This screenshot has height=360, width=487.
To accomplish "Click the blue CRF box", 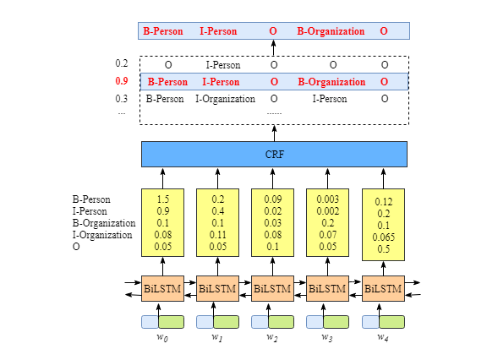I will click(x=274, y=154).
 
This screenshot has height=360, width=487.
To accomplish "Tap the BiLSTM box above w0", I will click(x=163, y=288).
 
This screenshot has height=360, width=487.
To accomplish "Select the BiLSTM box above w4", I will click(x=384, y=288).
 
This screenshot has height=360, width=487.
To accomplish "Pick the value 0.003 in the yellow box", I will click(x=328, y=199).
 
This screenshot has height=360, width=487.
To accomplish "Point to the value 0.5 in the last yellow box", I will click(x=384, y=249).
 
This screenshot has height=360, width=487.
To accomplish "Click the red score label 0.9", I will click(x=122, y=82).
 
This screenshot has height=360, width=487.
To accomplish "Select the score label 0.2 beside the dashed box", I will click(x=122, y=64).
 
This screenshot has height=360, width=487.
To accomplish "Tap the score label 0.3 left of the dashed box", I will click(x=122, y=99).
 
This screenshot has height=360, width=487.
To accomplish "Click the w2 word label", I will click(x=272, y=337).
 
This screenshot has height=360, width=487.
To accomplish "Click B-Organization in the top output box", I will click(x=331, y=31).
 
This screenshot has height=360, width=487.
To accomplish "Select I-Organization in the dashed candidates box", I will click(x=225, y=99).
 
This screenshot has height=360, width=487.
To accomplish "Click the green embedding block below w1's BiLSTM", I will click(x=227, y=321).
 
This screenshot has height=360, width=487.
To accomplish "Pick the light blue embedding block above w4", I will click(x=369, y=321).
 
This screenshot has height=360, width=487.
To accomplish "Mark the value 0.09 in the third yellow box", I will click(x=272, y=199).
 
